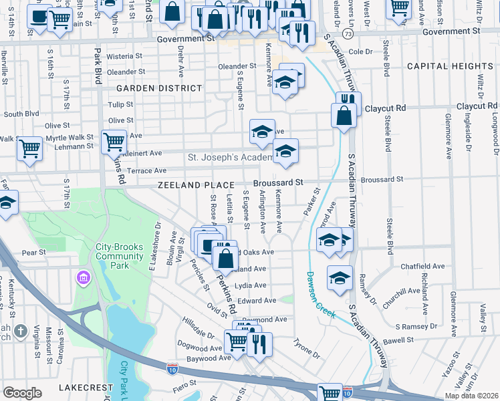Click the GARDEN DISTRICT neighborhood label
coord(158,88)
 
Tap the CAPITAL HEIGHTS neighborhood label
coord(459,66)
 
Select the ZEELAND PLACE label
coord(196,184)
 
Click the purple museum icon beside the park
coord(83,277)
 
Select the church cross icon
coord(21,331)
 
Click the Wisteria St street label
coord(121,57)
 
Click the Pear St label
coord(33,253)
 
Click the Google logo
coord(22,392)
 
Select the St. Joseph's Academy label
coord(229,157)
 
